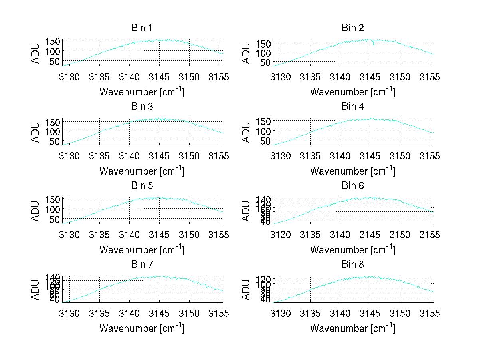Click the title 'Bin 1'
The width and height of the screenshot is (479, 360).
coord(142,28)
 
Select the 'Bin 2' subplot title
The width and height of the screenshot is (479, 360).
coord(353,28)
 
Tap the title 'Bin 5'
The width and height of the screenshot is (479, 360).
coord(142,186)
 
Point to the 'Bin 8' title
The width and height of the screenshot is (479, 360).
coord(353,265)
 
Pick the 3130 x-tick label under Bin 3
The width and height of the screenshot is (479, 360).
coord(70,156)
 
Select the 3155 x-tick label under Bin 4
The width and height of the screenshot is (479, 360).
coord(430,156)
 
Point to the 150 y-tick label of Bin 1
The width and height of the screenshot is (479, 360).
coord(53,41)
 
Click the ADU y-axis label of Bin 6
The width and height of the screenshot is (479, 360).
coord(246,211)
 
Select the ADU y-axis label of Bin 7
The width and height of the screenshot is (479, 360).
coord(36,290)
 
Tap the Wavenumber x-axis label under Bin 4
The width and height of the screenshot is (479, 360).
coord(353,171)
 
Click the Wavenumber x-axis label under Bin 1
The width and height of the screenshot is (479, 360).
coord(142,92)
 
